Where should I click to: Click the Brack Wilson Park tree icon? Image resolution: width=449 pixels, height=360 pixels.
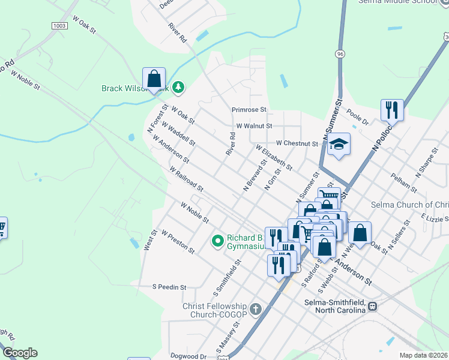click(178, 88)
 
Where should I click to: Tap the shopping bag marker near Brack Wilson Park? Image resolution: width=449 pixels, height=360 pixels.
click(154, 79)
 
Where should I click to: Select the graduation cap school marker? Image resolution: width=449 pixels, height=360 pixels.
click(339, 145)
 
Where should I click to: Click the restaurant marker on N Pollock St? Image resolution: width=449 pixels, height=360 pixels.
click(392, 110)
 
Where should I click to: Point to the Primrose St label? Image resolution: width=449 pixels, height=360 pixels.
click(249, 110)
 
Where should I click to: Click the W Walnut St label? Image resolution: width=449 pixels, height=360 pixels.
click(254, 126)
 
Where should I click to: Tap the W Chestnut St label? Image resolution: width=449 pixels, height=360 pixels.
click(297, 143)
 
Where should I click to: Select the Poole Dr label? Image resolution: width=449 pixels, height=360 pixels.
click(358, 116)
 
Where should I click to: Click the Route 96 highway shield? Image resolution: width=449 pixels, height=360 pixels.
click(340, 54)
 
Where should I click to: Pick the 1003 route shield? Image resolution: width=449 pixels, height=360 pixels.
click(59, 26)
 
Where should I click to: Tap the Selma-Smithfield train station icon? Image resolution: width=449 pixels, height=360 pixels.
click(373, 306)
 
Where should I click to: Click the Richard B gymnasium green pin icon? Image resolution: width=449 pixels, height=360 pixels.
click(217, 241)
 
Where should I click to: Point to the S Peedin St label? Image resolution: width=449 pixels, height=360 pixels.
click(169, 287)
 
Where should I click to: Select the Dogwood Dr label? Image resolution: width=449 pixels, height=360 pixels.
click(187, 356)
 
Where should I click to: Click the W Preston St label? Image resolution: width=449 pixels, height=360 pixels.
click(178, 244)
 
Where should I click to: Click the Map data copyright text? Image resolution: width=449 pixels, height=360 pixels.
click(424, 355)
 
